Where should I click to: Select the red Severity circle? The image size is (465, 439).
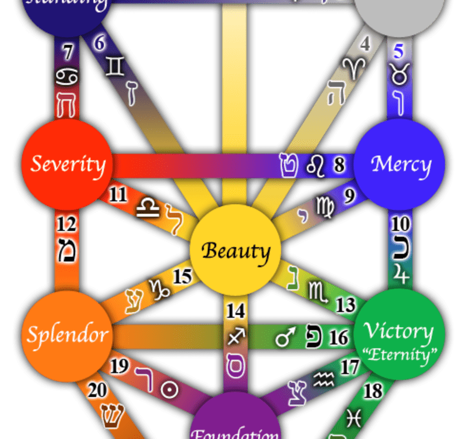click(67, 164)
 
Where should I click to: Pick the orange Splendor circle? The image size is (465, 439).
click(67, 335)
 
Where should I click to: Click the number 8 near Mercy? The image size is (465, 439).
click(339, 164)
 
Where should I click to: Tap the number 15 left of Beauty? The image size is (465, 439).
click(182, 277)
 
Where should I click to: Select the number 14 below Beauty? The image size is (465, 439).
click(236, 311)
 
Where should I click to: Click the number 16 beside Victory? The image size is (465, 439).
click(339, 338)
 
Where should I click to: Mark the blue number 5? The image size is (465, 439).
click(398, 52)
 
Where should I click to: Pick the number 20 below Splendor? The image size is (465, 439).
click(97, 390)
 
